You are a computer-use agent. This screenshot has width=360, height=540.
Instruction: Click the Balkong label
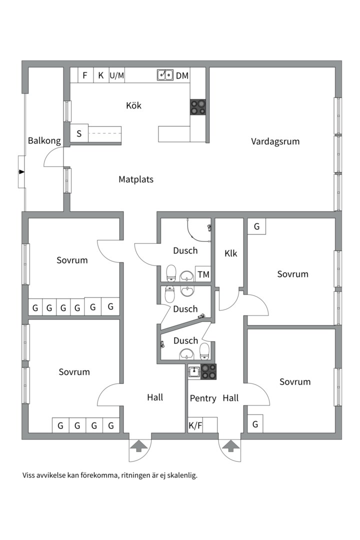[44, 140]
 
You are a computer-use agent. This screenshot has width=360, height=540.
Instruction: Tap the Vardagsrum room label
[275, 141]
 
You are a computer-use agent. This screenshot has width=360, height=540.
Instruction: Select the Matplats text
[136, 179]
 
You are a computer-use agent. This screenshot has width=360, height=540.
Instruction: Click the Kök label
[133, 105]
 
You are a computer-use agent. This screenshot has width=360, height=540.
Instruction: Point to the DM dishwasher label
[182, 75]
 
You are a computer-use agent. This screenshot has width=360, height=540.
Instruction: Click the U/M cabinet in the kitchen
[116, 75]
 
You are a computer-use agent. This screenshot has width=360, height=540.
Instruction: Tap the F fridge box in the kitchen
[85, 75]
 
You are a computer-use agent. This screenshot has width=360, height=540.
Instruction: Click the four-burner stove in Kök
[197, 107]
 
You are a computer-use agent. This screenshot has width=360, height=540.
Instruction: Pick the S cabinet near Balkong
[79, 134]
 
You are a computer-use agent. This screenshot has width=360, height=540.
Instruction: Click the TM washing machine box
[203, 274]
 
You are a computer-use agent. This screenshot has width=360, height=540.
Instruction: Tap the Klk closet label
[231, 253]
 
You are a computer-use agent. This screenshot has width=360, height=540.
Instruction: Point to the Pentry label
[203, 398]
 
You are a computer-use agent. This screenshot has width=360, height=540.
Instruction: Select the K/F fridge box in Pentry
[195, 426]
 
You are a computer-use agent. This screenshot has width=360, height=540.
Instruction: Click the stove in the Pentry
[209, 371]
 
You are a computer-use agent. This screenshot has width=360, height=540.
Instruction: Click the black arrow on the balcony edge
[21, 172]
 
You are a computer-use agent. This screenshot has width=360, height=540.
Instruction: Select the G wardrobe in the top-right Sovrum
[256, 226]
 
